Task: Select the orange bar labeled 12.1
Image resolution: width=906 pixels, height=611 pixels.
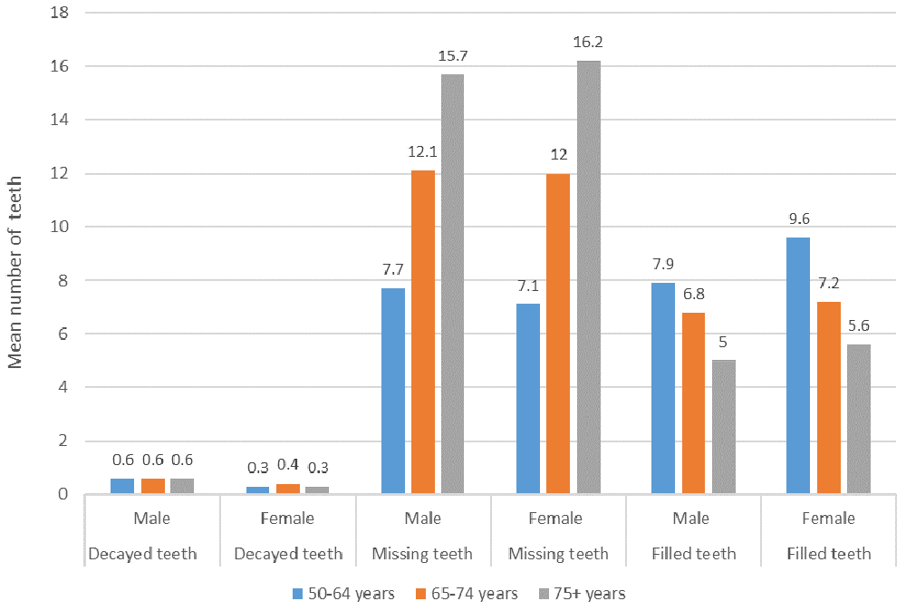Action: pyautogui.click(x=423, y=332)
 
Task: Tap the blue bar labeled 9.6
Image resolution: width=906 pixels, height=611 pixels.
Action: pyautogui.click(x=798, y=365)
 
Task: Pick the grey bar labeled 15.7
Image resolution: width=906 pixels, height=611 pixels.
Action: pyautogui.click(x=452, y=284)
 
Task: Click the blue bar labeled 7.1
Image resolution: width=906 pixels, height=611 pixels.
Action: pyautogui.click(x=528, y=399)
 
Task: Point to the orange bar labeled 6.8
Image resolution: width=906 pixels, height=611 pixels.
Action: pyautogui.click(x=693, y=403)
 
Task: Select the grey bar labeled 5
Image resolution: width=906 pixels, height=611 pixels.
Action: pyautogui.click(x=723, y=427)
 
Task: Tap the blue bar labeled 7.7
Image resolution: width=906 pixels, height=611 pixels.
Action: pyautogui.click(x=393, y=391)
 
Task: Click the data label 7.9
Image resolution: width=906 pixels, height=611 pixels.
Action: pyautogui.click(x=663, y=266)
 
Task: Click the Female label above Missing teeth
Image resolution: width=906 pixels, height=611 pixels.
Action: pyautogui.click(x=557, y=519)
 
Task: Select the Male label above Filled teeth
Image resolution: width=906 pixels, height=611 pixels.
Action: pyautogui.click(x=693, y=519)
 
